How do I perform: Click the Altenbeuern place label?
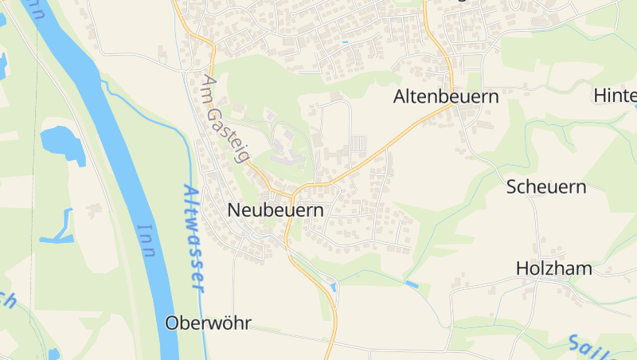446,97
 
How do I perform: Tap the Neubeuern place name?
276,211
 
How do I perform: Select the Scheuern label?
546,188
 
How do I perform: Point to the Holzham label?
554,268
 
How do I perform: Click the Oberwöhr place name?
208,323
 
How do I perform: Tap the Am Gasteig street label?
225,119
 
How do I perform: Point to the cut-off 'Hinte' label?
616,96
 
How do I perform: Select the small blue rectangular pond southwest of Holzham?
412,284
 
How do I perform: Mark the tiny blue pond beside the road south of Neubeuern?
333,285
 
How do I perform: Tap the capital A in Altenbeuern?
401,97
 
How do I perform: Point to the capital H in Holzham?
523,268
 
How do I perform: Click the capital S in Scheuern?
514,188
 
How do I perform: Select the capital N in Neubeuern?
234,211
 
